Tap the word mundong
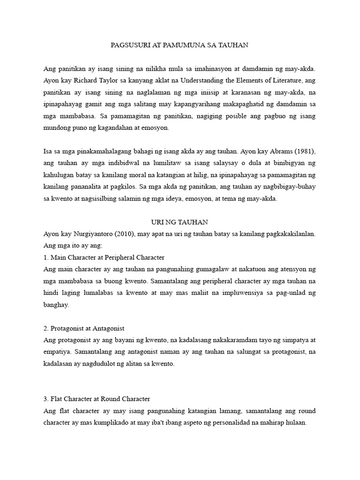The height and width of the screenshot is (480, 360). (x=58, y=127)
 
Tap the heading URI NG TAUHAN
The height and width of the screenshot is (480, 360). (x=180, y=222)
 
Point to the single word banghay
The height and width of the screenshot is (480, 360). (x=56, y=304)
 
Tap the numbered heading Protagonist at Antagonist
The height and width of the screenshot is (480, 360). (x=87, y=329)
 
